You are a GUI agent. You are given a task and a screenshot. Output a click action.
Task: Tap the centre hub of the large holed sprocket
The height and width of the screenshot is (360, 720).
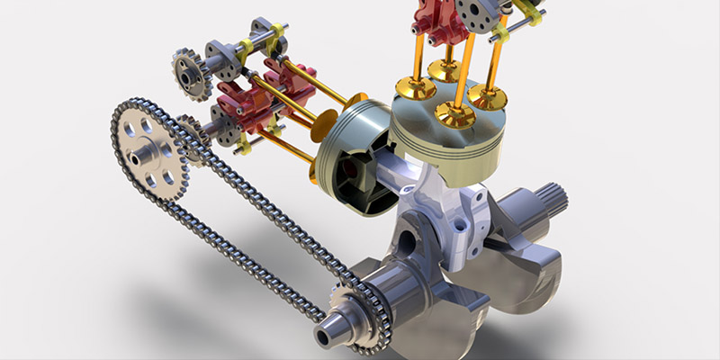click(141, 157)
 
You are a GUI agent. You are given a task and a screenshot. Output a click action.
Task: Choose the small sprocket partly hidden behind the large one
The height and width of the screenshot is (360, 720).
click(191, 139)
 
